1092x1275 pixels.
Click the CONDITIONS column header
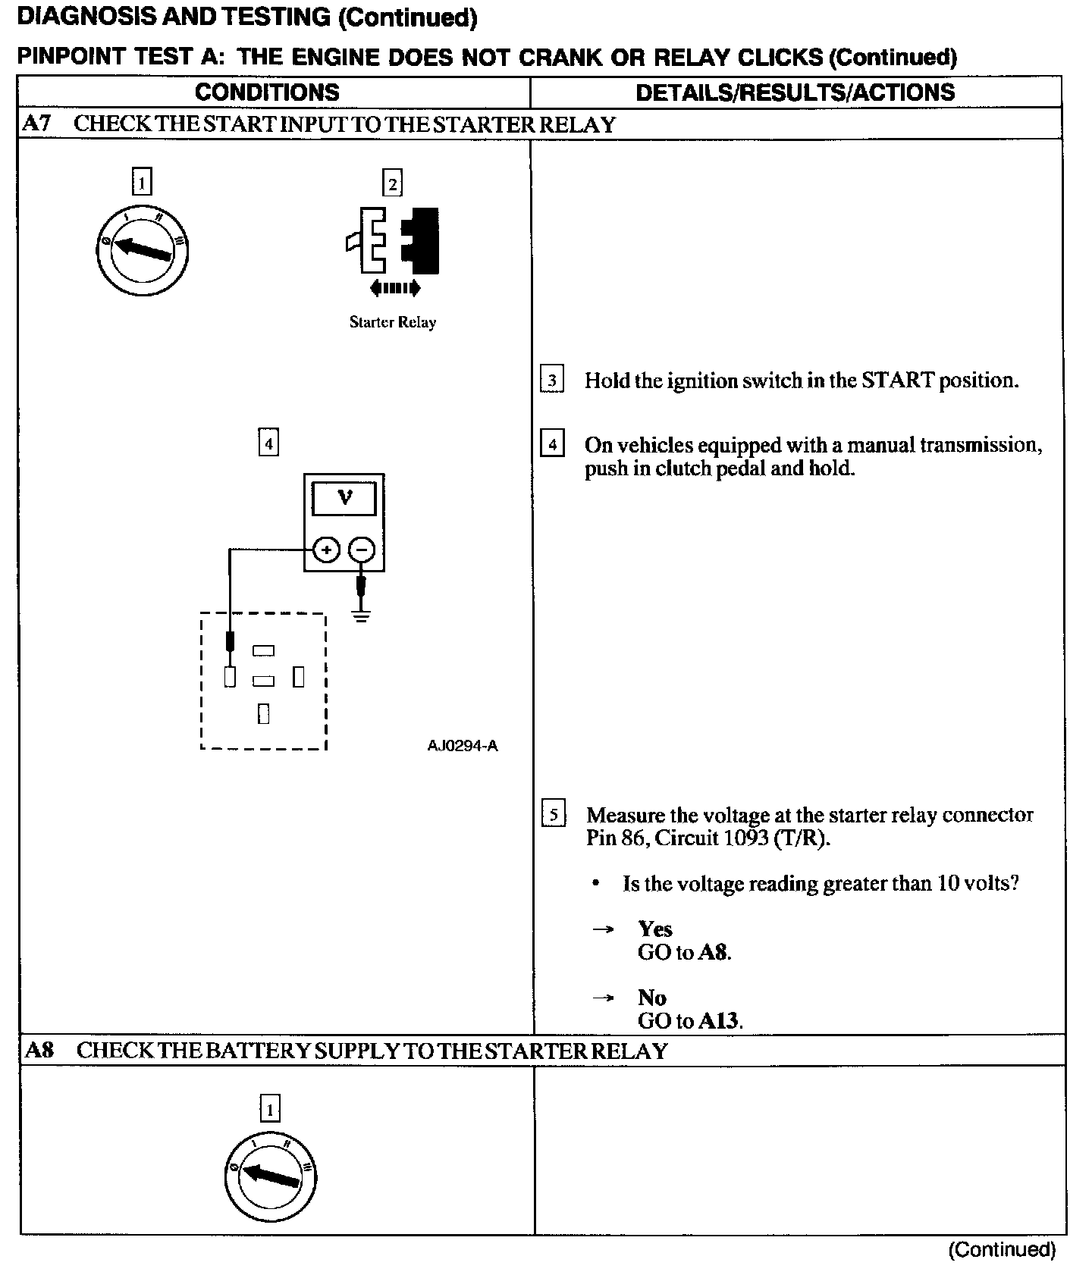267,92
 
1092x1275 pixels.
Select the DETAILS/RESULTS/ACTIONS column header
795,92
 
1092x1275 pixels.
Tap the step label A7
36,124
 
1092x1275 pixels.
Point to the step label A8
39,1050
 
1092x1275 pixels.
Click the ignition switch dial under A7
143,250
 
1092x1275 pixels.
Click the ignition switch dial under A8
271,1176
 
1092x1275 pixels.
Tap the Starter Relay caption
393,322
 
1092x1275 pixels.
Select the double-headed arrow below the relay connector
394,288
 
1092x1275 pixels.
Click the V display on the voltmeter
345,498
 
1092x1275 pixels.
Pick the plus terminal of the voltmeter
326,550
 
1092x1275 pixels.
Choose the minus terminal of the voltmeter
362,550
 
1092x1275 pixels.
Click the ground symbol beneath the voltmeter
362,616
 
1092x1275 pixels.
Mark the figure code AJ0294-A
463,746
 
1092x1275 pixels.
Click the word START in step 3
898,380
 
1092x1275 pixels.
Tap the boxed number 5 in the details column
554,815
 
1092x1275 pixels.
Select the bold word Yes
655,929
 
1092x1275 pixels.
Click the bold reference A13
718,1020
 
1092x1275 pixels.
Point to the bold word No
652,997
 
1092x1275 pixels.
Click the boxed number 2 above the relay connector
392,183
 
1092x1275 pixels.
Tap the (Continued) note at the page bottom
1002,1250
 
